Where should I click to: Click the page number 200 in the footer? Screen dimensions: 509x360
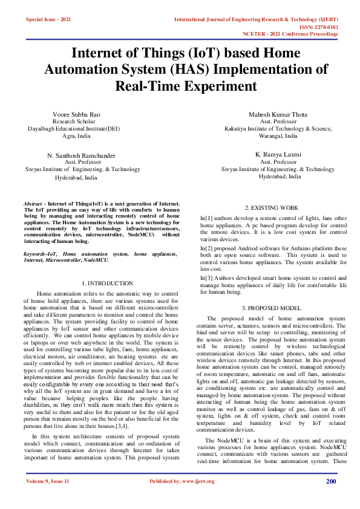tap(331, 481)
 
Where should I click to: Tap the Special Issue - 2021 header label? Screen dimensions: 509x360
tap(48, 20)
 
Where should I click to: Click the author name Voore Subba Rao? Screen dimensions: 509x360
tap(76, 114)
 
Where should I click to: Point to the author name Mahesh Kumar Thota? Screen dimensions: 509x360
tap(278, 114)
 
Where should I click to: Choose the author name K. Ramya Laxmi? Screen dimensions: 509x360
tap(278, 154)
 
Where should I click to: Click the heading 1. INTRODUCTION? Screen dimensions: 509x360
tap(106, 283)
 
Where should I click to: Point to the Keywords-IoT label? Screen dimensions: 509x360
tap(40, 254)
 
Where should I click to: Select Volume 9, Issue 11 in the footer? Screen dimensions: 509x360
tap(48, 481)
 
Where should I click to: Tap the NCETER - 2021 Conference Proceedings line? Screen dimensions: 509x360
tap(290, 34)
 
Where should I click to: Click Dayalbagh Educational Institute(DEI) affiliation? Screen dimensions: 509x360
tap(76, 129)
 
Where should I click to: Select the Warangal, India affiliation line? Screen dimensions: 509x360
tap(278, 136)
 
